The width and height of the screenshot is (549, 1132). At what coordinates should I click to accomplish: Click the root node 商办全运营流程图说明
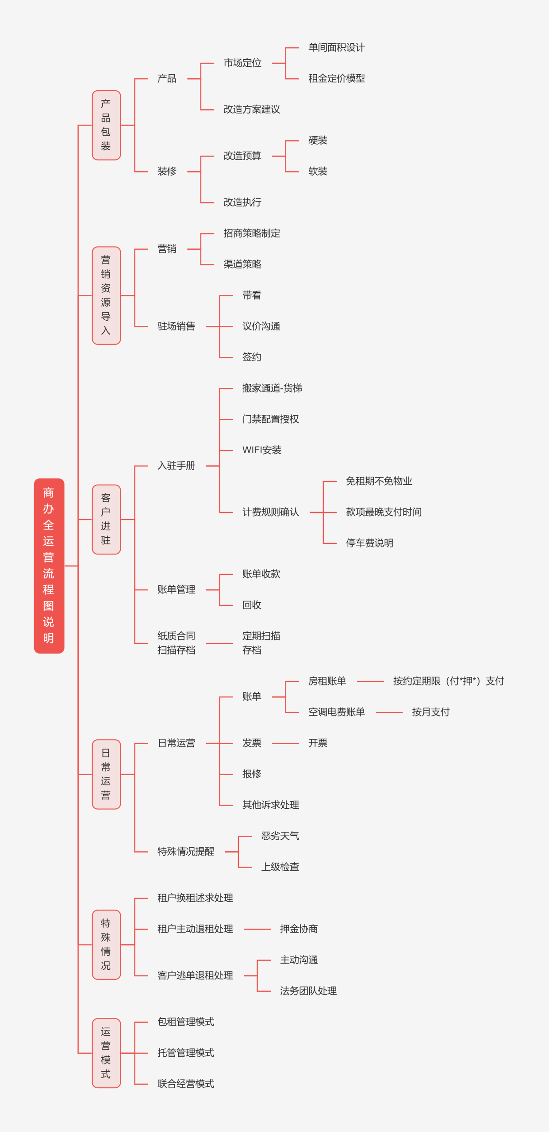[x=49, y=566]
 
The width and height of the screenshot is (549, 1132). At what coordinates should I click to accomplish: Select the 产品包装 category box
[x=106, y=125]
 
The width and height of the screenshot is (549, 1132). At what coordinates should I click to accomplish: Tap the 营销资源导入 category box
[x=106, y=295]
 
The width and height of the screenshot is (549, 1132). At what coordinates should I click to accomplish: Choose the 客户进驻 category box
[x=106, y=519]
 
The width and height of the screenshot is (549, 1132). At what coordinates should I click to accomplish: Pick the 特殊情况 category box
[x=106, y=945]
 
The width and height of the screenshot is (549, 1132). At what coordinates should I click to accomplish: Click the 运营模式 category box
[x=106, y=1053]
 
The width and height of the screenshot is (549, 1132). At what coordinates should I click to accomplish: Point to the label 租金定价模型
[x=336, y=79]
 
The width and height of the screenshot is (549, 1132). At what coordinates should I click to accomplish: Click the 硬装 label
[x=318, y=141]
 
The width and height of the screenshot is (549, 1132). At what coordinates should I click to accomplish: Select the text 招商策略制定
[x=252, y=233]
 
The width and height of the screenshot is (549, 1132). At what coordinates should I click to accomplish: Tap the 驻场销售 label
[x=176, y=326]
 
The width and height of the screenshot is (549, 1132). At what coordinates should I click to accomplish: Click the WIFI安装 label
[x=261, y=450]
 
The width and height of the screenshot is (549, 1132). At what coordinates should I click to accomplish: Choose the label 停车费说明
[x=369, y=543]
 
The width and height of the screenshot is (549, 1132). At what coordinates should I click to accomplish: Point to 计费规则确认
[x=270, y=512]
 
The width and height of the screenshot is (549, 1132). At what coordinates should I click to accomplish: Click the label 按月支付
[x=430, y=712]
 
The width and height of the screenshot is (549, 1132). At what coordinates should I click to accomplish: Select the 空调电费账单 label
[x=336, y=712]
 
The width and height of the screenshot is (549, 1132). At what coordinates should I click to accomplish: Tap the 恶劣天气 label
[x=280, y=836]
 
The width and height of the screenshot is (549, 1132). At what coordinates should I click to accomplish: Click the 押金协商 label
[x=299, y=929]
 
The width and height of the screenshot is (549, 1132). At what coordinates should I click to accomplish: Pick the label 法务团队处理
[x=308, y=991]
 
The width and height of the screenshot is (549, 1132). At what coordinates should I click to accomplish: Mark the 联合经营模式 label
[x=186, y=1084]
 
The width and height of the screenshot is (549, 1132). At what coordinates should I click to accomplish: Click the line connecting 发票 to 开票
[x=285, y=743]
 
